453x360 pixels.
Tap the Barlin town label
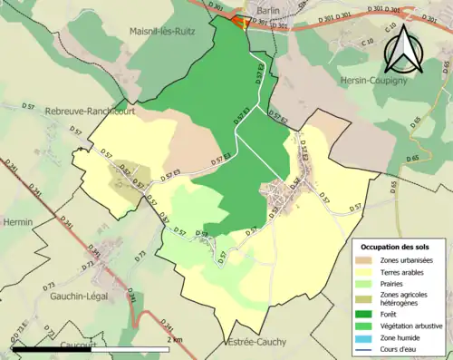(267, 10)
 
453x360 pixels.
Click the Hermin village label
(17, 221)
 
